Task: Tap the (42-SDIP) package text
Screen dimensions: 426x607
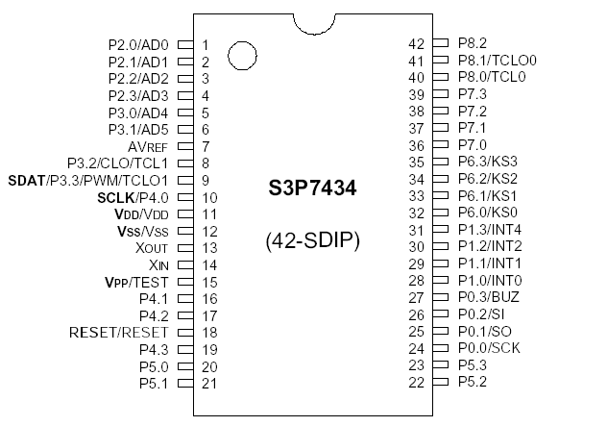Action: click(311, 240)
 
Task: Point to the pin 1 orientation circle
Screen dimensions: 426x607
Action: click(242, 56)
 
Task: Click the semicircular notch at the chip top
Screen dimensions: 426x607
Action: click(320, 23)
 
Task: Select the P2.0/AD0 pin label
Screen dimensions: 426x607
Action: click(138, 45)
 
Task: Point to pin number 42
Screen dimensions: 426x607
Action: click(416, 43)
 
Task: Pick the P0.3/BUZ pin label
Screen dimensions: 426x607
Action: click(488, 298)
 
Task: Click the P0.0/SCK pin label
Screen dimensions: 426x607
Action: click(489, 349)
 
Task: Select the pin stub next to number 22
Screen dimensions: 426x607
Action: click(441, 383)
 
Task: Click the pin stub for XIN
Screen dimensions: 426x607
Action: click(185, 264)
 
